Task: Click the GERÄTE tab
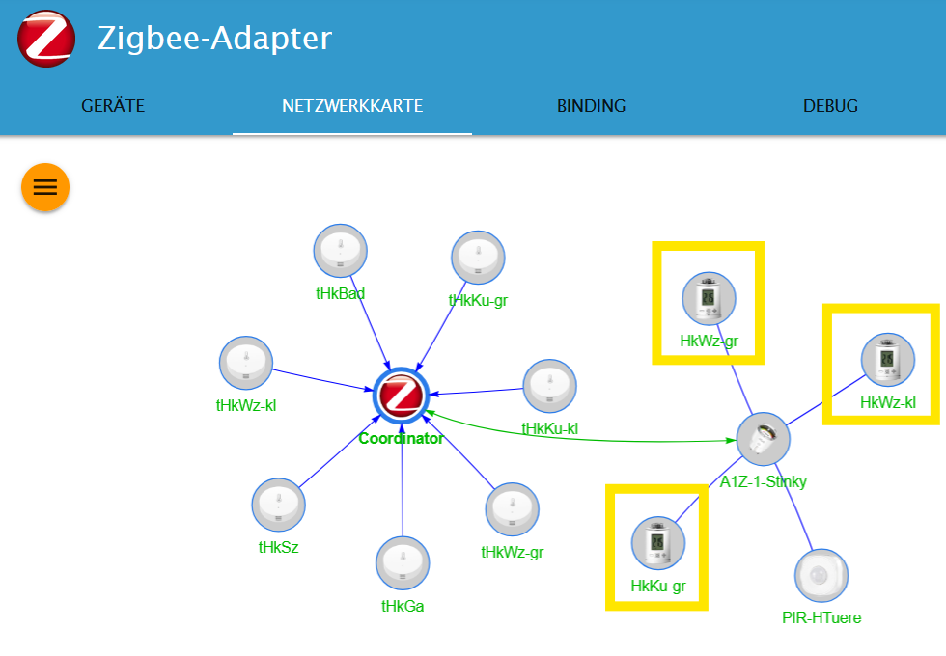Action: (113, 106)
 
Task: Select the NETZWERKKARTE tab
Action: (352, 106)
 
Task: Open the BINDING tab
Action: (591, 106)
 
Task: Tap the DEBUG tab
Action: (830, 106)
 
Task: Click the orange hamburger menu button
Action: (45, 186)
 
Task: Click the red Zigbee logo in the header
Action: (46, 39)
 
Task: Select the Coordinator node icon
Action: (401, 396)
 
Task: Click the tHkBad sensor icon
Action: (340, 251)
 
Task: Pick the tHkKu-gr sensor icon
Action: (478, 258)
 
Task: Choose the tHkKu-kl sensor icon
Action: (549, 386)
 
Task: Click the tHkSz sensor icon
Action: (279, 505)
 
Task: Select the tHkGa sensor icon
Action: (403, 563)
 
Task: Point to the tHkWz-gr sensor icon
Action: (513, 509)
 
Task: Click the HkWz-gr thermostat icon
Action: (709, 299)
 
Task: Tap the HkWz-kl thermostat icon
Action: (888, 360)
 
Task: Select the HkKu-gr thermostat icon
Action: (658, 543)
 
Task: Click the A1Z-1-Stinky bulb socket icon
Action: (764, 440)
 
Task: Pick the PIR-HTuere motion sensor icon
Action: (821, 576)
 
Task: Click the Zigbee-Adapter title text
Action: (214, 39)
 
